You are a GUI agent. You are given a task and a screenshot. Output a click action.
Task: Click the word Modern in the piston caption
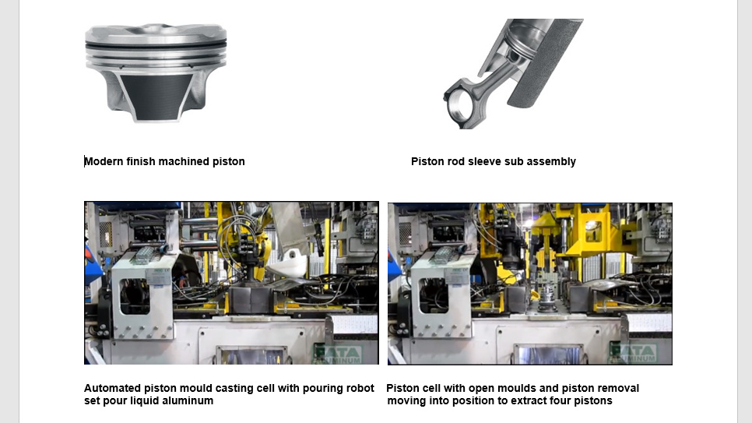click(x=104, y=161)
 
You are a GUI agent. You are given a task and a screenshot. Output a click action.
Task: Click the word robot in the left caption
click(x=360, y=388)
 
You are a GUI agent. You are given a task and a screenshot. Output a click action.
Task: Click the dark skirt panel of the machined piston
click(x=156, y=96)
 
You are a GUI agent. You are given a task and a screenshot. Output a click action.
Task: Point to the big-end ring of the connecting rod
click(x=457, y=108)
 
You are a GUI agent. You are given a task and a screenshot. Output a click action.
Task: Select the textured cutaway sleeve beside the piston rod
click(x=544, y=62)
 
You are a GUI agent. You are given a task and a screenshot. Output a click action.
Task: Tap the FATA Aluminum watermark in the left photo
click(x=338, y=354)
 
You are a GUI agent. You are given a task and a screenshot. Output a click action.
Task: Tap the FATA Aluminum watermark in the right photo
click(x=632, y=354)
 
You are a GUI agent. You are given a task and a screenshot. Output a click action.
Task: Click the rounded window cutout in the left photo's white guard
click(x=134, y=297)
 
